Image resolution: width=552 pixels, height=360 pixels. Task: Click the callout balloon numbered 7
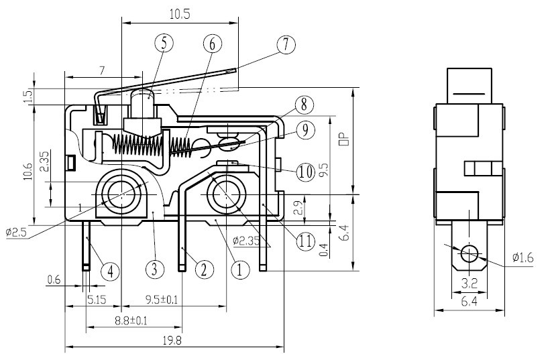(286, 45)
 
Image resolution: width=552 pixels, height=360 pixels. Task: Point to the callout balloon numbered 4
(111, 271)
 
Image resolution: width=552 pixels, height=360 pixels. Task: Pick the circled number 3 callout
(155, 270)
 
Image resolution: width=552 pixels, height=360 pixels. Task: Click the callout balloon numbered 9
(305, 130)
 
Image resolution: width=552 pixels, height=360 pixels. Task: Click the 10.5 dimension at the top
(178, 13)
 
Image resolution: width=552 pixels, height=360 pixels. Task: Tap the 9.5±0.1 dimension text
(162, 300)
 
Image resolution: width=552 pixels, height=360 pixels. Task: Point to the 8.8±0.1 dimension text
(131, 321)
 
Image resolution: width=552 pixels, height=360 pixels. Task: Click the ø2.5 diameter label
(16, 233)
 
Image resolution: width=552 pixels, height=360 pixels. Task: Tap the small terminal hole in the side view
(470, 254)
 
